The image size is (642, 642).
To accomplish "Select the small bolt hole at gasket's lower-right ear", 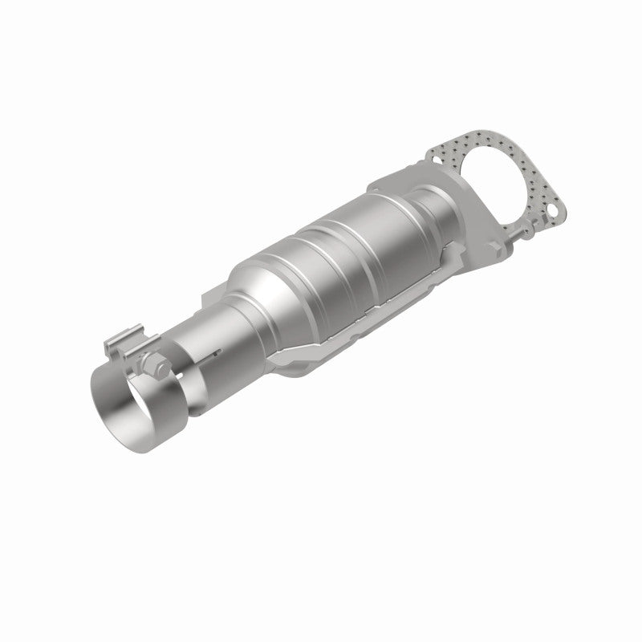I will (x=553, y=212).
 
